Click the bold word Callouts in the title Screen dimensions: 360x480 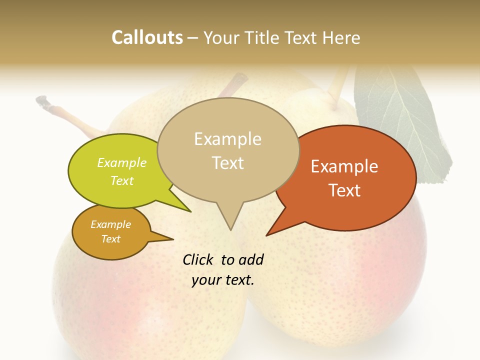coord(147,37)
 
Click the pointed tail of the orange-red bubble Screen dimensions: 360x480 coord(270,233)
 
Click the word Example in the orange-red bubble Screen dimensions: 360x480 coord(344,166)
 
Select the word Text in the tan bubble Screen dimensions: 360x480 coord(228,163)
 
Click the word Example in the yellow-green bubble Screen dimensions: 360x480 coord(122,162)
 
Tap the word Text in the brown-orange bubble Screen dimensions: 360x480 coord(111,239)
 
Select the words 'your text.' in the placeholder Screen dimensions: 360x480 coord(223,280)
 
